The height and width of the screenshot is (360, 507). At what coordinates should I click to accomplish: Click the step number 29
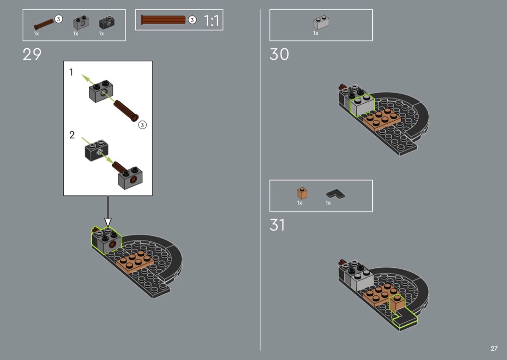click(32, 55)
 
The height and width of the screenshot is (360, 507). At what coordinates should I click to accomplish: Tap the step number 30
click(279, 55)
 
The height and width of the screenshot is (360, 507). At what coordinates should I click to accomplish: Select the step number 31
click(277, 225)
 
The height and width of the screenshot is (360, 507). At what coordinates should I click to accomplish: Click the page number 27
click(494, 348)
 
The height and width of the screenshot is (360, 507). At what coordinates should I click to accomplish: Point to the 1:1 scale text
click(212, 21)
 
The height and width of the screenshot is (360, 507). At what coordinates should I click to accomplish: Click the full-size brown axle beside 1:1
click(163, 20)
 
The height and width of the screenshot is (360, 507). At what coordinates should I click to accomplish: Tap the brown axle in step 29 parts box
click(44, 24)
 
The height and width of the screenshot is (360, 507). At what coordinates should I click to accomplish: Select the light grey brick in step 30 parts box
click(321, 23)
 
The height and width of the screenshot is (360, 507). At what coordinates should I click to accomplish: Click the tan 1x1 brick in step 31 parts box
click(302, 193)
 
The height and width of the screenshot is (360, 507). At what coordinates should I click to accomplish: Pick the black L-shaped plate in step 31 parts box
click(335, 194)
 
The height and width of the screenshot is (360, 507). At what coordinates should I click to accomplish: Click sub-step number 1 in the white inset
click(71, 72)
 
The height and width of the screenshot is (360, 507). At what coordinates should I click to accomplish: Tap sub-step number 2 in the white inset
click(72, 135)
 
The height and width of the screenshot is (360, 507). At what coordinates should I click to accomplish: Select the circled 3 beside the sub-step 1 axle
click(142, 125)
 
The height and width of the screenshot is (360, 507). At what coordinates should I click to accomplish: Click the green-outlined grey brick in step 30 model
click(362, 105)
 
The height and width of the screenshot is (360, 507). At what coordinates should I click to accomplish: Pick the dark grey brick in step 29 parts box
click(107, 22)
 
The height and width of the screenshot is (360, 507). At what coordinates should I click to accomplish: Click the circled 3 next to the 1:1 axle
click(192, 20)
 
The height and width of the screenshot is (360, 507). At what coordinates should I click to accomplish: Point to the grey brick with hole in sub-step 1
click(101, 92)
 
